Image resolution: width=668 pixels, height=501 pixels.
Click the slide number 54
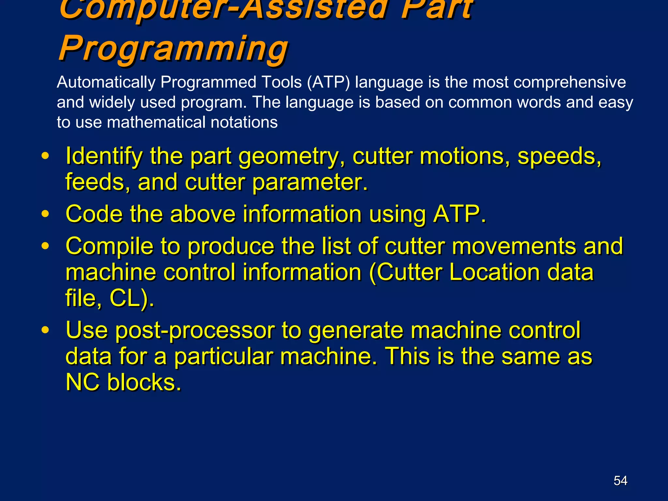(x=620, y=480)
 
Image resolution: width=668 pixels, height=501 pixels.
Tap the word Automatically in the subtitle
(x=106, y=82)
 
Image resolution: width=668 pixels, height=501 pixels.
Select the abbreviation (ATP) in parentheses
(x=328, y=82)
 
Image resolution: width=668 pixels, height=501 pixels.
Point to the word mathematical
(x=156, y=123)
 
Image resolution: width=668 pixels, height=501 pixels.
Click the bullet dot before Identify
(x=45, y=156)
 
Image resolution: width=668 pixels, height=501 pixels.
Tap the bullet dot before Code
(x=45, y=214)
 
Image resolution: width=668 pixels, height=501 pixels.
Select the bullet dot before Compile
(x=45, y=246)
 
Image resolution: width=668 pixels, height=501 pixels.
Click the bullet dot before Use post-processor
(x=45, y=330)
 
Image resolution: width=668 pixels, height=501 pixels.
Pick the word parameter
(x=310, y=182)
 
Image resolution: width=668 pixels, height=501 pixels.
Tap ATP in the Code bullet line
(x=459, y=214)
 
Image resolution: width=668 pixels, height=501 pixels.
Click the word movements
(x=513, y=246)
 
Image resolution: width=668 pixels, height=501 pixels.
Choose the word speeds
(x=559, y=157)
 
